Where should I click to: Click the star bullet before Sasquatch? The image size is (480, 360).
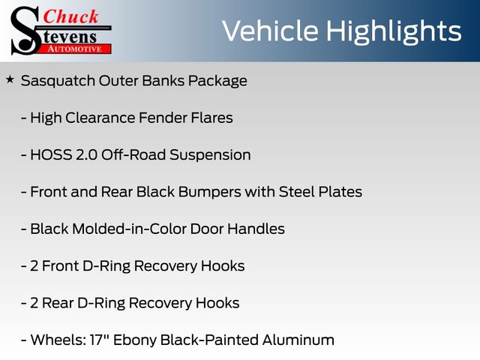[10, 79]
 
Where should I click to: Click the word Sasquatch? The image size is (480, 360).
[58, 82]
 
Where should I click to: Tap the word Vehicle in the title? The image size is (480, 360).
[270, 31]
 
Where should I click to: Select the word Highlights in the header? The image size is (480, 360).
[393, 32]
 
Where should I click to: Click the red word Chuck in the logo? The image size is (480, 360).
[70, 16]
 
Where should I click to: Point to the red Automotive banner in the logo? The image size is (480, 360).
[74, 49]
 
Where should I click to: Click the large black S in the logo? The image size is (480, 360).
[25, 31]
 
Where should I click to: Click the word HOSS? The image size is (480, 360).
[51, 155]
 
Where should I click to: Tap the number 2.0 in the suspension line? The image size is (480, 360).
[86, 155]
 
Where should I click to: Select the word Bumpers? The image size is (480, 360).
[210, 193]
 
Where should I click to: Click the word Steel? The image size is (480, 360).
[297, 192]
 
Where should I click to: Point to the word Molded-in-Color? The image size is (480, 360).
[129, 229]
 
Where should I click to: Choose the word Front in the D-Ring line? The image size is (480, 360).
[61, 266]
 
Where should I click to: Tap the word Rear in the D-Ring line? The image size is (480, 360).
[58, 303]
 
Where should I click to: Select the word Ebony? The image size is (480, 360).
[135, 340]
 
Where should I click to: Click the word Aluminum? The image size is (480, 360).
[298, 340]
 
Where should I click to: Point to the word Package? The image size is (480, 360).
[217, 82]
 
